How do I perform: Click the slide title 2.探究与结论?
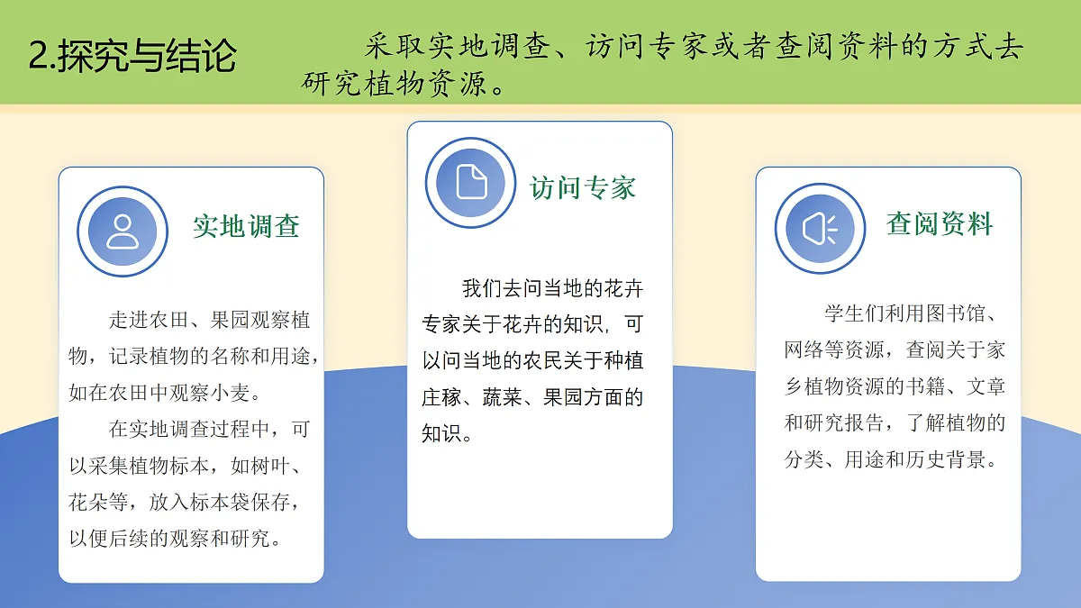coord(132,56)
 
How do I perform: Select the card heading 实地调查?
coord(246,226)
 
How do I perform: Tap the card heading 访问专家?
coord(582,187)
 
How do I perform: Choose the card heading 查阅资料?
coord(940,223)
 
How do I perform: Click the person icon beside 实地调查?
coord(122,231)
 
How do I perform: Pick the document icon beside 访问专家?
coord(471,182)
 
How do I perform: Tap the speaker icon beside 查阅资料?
coord(820,228)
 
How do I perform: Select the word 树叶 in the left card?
coord(278,467)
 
